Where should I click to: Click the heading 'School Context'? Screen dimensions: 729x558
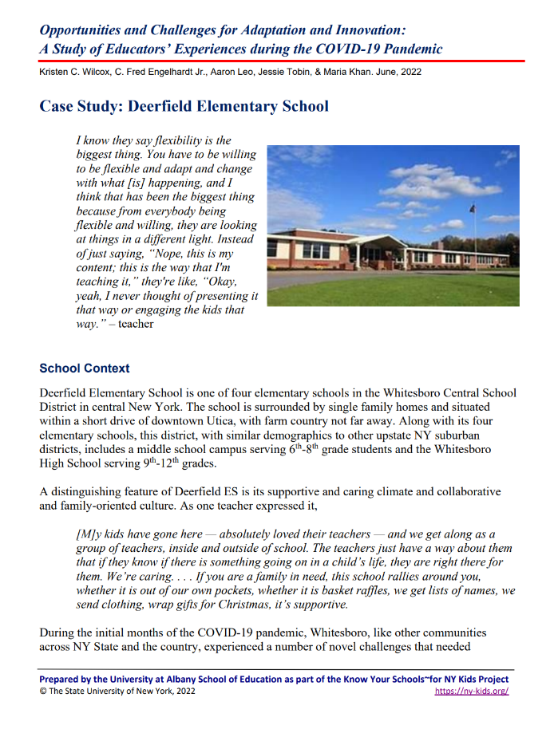click(x=85, y=368)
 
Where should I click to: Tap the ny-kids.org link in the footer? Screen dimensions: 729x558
click(x=472, y=691)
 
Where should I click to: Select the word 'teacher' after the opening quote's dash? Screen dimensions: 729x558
click(x=136, y=324)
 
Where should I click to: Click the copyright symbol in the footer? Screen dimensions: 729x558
click(x=43, y=691)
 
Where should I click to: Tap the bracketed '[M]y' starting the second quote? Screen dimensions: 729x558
click(x=89, y=534)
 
